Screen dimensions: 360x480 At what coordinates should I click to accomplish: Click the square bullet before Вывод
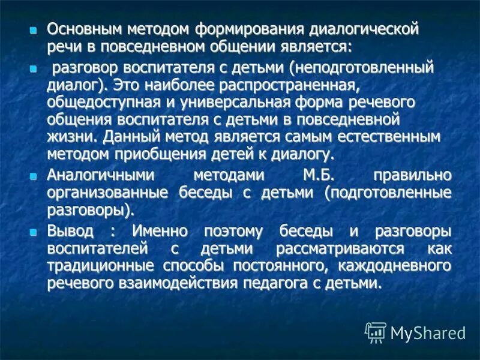34,231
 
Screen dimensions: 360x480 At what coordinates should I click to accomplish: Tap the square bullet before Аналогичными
34,176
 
